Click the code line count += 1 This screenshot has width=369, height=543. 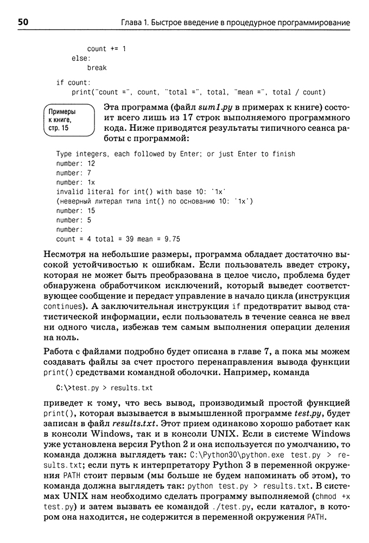pyautogui.click(x=106, y=49)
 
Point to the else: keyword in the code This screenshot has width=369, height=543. pyautogui.click(x=81, y=59)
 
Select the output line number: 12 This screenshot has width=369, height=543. pyautogui.click(x=75, y=163)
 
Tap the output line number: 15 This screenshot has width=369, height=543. pyautogui.click(x=75, y=210)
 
